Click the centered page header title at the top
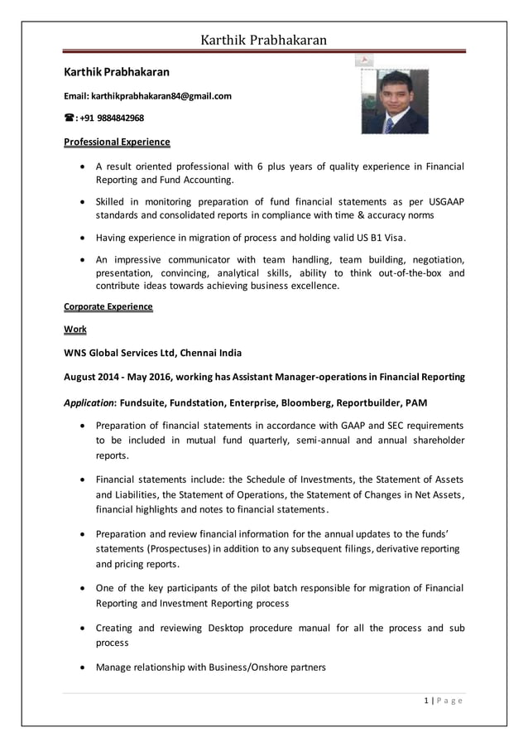point(264,40)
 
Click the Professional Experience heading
point(117,142)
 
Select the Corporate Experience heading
point(108,306)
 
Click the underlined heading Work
point(75,330)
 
